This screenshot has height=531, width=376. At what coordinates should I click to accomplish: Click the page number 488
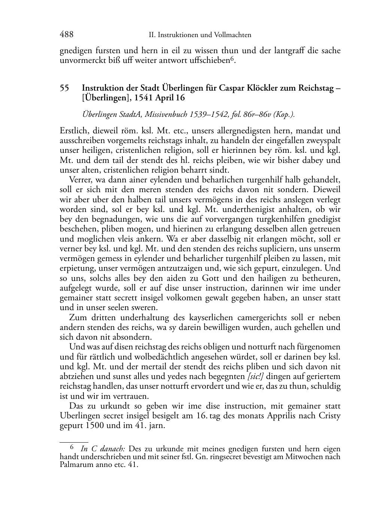67,34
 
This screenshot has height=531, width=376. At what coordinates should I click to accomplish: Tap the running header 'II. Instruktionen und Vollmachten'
200,35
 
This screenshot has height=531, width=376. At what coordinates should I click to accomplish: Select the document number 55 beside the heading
64,88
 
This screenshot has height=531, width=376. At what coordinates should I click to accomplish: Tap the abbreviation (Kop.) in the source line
285,115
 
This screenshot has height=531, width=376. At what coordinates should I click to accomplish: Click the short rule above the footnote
74,442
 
